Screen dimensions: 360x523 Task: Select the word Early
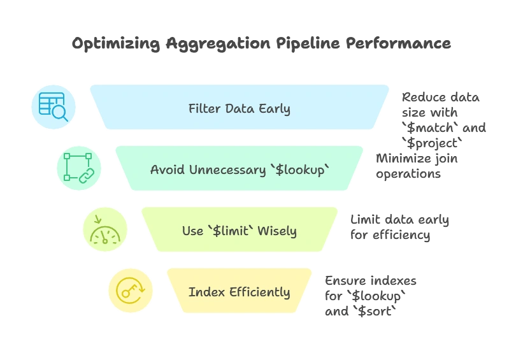(274, 108)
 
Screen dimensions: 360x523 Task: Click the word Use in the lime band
(192, 231)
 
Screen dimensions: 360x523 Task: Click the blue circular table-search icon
(54, 107)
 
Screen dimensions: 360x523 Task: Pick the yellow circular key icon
(130, 291)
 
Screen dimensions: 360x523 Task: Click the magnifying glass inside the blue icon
(61, 113)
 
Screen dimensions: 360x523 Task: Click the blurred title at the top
(261, 44)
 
